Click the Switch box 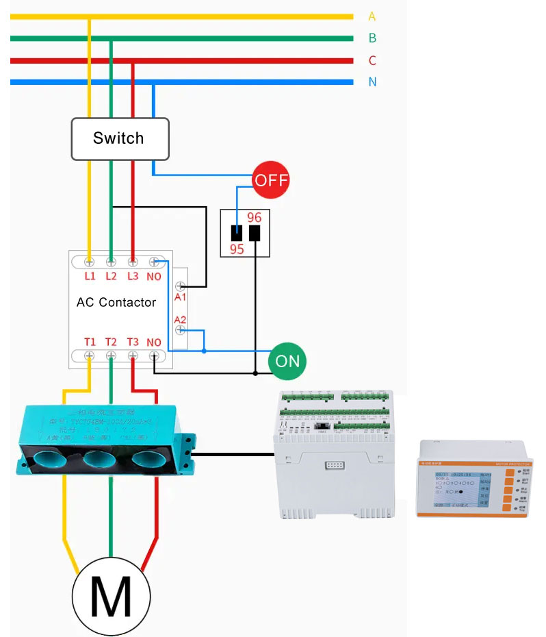click(x=119, y=138)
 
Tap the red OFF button click(x=271, y=181)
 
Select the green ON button click(x=287, y=360)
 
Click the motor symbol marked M click(x=111, y=596)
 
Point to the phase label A click(x=372, y=16)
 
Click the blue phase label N click(x=372, y=82)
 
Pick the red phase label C click(x=372, y=61)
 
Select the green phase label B click(x=372, y=38)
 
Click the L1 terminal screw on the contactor click(x=90, y=262)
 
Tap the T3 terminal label click(x=133, y=342)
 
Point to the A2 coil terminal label click(x=180, y=319)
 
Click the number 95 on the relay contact click(x=237, y=249)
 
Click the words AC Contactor click(x=116, y=302)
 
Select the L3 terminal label click(x=133, y=277)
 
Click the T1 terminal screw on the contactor click(x=90, y=355)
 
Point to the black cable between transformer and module click(x=233, y=453)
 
